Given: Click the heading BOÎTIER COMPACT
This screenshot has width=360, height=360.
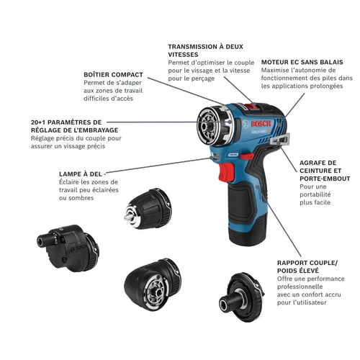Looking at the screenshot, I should pyautogui.click(x=113, y=74).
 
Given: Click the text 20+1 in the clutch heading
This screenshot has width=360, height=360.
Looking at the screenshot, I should pyautogui.click(x=20, y=122).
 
